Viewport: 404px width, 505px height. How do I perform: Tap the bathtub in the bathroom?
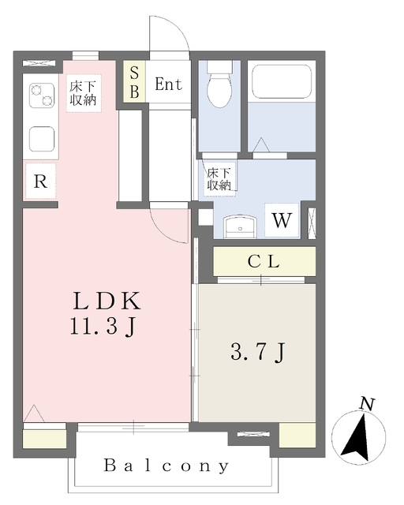pyautogui.click(x=282, y=81)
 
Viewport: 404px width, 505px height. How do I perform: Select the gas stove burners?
pyautogui.click(x=42, y=95)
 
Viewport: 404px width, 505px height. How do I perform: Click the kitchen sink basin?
pyautogui.click(x=42, y=139)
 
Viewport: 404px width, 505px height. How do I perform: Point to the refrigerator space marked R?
pyautogui.click(x=40, y=181)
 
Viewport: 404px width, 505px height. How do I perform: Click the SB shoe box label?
pyautogui.click(x=134, y=82)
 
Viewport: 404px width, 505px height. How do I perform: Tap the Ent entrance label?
pyautogui.click(x=168, y=84)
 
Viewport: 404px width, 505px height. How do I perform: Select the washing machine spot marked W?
pyautogui.click(x=282, y=221)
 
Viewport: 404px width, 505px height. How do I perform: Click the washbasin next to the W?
pyautogui.click(x=240, y=226)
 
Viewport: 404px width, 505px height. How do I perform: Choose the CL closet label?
pyautogui.click(x=264, y=261)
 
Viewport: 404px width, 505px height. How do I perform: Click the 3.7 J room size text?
pyautogui.click(x=258, y=352)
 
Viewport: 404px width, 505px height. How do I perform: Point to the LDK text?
pyautogui.click(x=107, y=301)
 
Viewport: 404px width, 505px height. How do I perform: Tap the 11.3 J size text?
pyautogui.click(x=103, y=327)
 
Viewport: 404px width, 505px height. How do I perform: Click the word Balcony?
pyautogui.click(x=166, y=466)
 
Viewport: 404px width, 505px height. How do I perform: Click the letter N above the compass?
pyautogui.click(x=367, y=404)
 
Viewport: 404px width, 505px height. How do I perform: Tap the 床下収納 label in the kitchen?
pyautogui.click(x=84, y=93)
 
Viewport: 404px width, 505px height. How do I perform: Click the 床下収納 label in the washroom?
pyautogui.click(x=219, y=179)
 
